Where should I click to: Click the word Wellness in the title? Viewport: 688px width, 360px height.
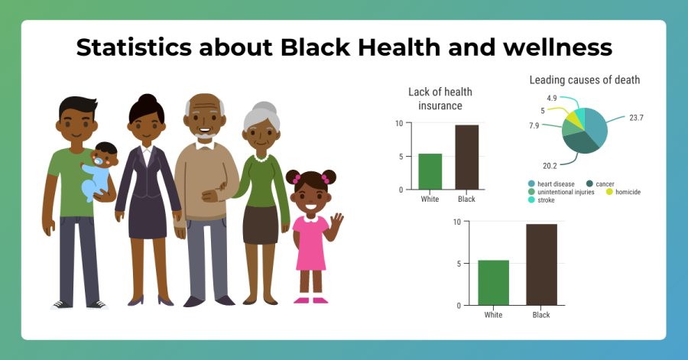(x=557, y=47)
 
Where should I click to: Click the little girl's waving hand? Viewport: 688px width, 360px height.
(x=336, y=222)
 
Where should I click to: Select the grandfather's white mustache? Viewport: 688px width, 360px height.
(x=204, y=135)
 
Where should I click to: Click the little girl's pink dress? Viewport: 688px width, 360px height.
(x=310, y=242)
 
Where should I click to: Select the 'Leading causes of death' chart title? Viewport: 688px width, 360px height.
(x=585, y=79)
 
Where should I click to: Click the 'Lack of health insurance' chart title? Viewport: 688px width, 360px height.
(x=440, y=99)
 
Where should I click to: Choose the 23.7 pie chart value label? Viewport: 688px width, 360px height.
(x=636, y=118)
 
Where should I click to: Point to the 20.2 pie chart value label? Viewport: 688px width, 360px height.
(x=550, y=166)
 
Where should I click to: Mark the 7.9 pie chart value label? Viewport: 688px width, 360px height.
(x=534, y=126)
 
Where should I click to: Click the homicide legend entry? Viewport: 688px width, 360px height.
(x=623, y=192)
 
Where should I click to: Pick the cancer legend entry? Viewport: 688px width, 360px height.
(x=600, y=183)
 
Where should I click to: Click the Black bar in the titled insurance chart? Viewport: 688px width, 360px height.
(x=467, y=157)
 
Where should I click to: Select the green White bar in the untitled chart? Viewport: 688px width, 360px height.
(x=494, y=283)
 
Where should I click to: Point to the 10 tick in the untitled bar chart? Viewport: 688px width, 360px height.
(x=457, y=222)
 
